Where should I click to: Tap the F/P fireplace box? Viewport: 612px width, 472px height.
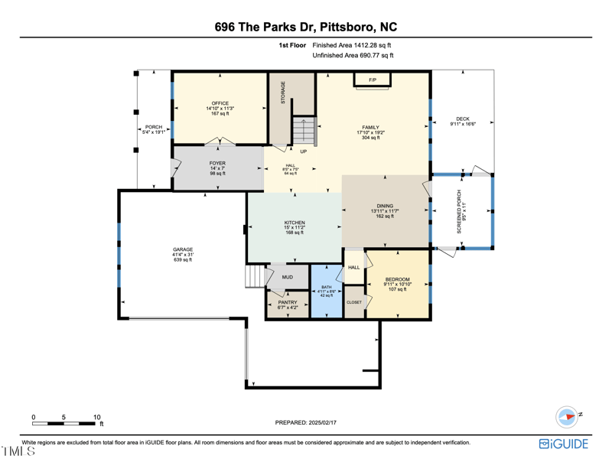coord(373,80)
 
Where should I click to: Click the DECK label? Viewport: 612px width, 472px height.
coord(463,119)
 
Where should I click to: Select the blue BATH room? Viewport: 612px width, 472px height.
coord(327,291)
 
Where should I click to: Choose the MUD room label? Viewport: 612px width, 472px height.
coord(287,277)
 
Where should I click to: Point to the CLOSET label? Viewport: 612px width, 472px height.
coord(354,302)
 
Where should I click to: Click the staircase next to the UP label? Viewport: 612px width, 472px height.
coord(304,131)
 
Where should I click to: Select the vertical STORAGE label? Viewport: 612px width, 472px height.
coord(283,93)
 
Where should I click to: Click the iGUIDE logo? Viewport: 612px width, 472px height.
coord(564,444)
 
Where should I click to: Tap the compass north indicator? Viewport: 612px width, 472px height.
coord(567,417)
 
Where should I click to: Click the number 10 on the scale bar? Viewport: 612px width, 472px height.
coord(97,417)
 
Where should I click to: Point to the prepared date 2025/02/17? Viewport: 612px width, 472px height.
coord(305,422)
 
